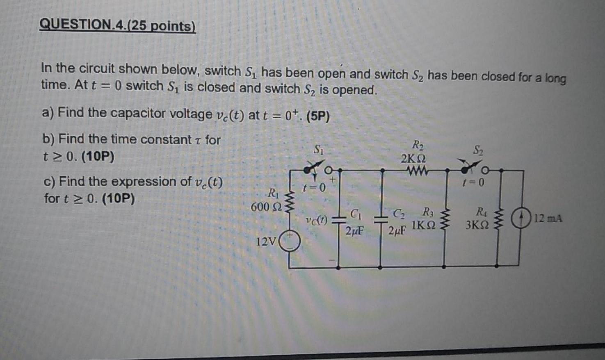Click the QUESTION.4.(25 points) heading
(x=118, y=25)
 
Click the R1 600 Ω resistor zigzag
(x=291, y=202)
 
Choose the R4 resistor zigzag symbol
(x=498, y=219)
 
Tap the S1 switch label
(x=319, y=150)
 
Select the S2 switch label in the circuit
(x=478, y=150)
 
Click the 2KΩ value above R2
(x=413, y=158)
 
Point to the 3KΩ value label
(x=477, y=225)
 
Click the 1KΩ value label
(x=423, y=225)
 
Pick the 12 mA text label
(x=548, y=219)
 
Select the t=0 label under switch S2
(x=473, y=182)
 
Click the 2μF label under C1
(x=355, y=231)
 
